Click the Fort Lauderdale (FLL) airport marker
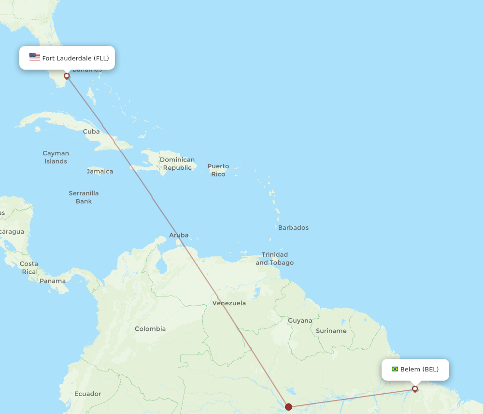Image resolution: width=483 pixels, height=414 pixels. click(x=67, y=76)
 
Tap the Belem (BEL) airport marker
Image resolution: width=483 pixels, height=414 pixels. click(x=415, y=389)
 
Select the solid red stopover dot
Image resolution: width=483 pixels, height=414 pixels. click(x=289, y=407)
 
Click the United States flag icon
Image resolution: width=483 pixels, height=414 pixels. click(x=35, y=57)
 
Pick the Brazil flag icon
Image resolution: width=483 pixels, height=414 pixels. click(x=395, y=369)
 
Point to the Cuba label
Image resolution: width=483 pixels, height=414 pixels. click(x=91, y=132)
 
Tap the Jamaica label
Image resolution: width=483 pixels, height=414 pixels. click(x=100, y=171)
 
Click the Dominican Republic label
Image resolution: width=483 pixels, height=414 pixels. click(x=177, y=163)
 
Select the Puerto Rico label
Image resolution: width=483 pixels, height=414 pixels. click(x=218, y=170)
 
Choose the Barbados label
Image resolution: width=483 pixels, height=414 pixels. click(x=293, y=227)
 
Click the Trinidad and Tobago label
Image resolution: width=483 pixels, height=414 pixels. click(x=274, y=258)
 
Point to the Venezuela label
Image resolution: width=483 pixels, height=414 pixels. click(x=229, y=303)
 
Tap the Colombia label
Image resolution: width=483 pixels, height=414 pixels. click(x=150, y=329)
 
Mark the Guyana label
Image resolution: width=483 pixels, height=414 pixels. click(x=300, y=320)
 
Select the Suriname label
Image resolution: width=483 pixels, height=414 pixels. click(x=331, y=331)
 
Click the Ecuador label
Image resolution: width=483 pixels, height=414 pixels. click(x=88, y=394)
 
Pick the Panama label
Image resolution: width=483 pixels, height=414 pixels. click(x=53, y=281)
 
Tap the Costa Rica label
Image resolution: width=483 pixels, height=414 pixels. click(x=28, y=267)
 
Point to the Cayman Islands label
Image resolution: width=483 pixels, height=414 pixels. click(x=56, y=157)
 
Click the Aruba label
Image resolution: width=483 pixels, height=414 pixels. click(x=179, y=236)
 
